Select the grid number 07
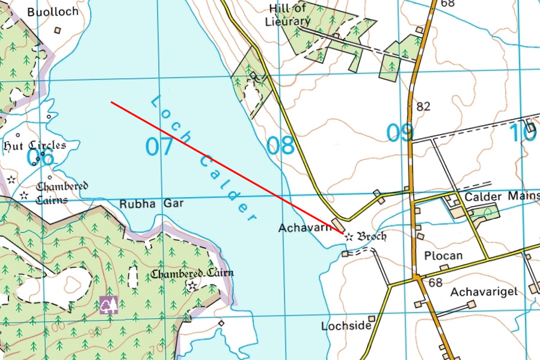[x=159, y=146]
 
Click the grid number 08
[x=281, y=145]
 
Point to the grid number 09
[x=400, y=133]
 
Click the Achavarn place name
[x=305, y=228]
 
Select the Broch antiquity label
[x=372, y=236]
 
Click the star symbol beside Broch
[x=348, y=237]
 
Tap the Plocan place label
[x=444, y=255]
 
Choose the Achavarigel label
[x=483, y=291]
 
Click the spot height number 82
[x=423, y=106]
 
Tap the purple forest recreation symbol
[x=108, y=305]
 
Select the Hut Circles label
[x=34, y=145]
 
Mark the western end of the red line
[x=111, y=102]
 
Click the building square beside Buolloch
[x=58, y=29]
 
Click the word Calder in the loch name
[x=229, y=186]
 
